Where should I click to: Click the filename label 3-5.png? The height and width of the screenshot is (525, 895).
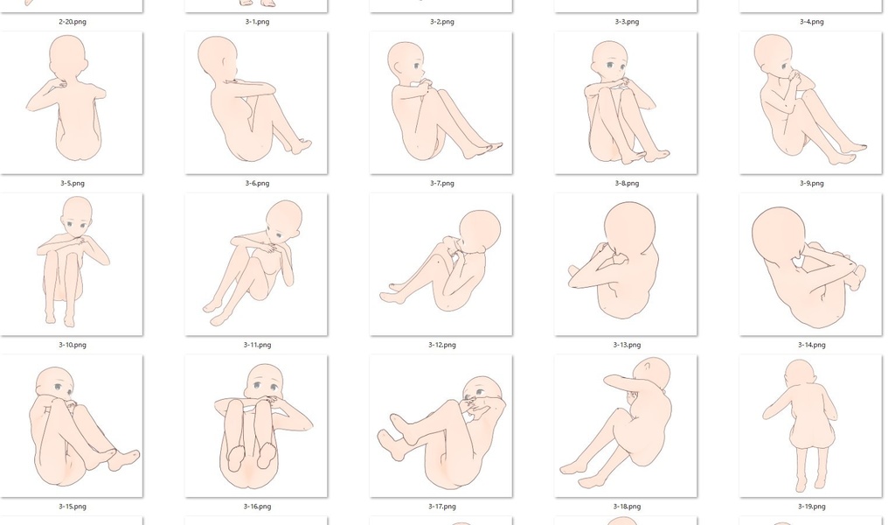(73, 184)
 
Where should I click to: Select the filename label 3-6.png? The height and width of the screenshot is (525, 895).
(258, 184)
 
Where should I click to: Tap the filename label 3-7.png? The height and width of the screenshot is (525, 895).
(442, 184)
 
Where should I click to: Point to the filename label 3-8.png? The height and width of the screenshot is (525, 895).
(627, 184)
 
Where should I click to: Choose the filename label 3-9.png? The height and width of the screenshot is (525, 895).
(812, 184)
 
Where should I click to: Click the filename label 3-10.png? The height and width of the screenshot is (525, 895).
(73, 345)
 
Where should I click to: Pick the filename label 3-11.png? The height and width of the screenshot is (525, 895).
(258, 345)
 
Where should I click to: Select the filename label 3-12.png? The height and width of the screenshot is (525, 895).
(442, 345)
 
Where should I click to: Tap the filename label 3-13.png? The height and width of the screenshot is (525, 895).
(627, 345)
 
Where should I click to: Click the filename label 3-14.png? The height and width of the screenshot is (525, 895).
(812, 345)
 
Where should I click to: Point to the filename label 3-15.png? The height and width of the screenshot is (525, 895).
(73, 507)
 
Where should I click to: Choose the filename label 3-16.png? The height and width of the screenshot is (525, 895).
(258, 507)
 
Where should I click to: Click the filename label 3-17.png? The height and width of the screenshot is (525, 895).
(442, 507)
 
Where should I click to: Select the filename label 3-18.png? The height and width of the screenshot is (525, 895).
(627, 507)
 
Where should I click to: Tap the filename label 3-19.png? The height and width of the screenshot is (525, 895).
(812, 507)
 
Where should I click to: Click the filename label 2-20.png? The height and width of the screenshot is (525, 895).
(73, 22)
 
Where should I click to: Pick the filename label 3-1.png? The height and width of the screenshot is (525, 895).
(258, 22)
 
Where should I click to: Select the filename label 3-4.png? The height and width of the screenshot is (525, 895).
(812, 22)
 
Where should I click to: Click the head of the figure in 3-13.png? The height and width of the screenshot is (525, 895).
(629, 228)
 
